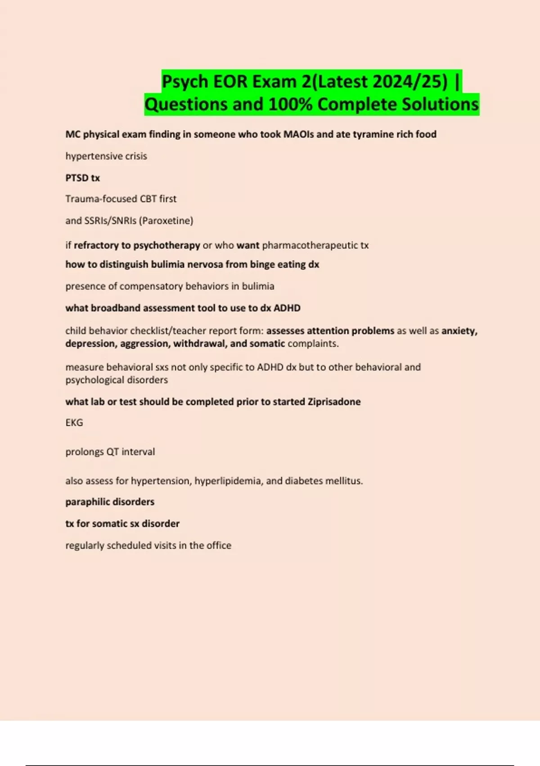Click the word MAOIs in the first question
(299, 134)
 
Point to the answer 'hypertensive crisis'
(106, 156)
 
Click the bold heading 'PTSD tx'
(83, 178)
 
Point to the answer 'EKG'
(74, 423)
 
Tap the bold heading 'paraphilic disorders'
(110, 502)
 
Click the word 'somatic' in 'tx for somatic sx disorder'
(110, 524)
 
